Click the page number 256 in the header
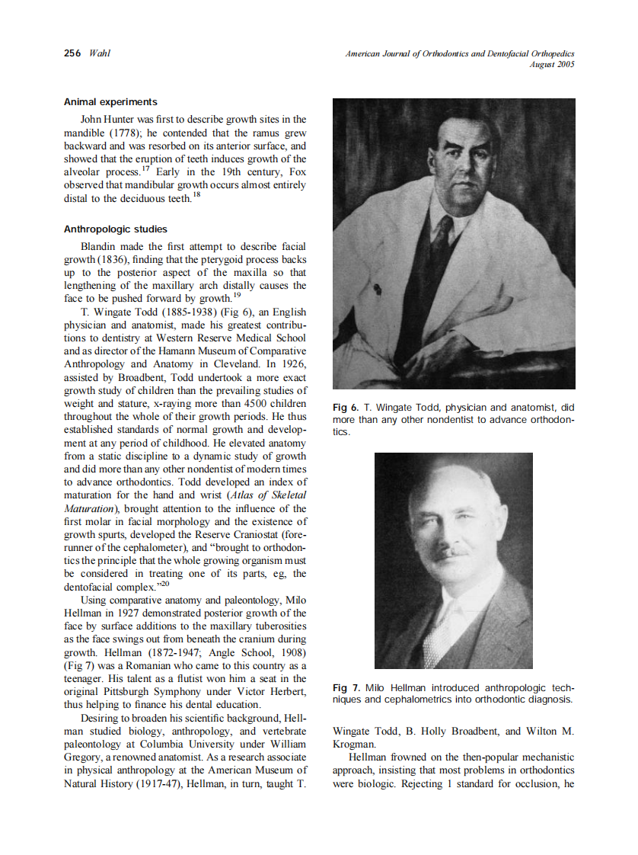click(x=72, y=53)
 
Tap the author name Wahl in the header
click(x=99, y=53)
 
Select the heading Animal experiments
click(x=110, y=101)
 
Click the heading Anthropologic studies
click(x=115, y=229)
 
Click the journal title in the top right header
click(x=459, y=53)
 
